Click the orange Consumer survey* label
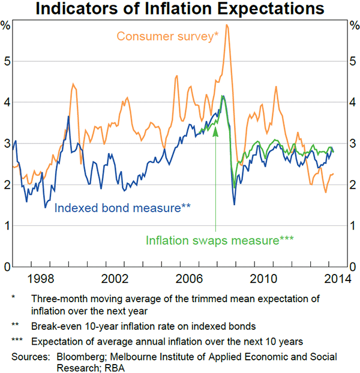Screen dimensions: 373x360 pyautogui.click(x=167, y=35)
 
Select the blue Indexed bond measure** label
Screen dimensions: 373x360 pyautogui.click(x=122, y=208)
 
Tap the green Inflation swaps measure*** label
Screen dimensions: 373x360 pyautogui.click(x=219, y=240)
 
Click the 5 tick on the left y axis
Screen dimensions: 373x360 pyautogui.click(x=7, y=61)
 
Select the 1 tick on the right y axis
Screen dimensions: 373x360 pyautogui.click(x=354, y=226)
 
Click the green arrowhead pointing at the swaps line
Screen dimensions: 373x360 pyautogui.click(x=215, y=130)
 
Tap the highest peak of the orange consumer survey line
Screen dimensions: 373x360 pyautogui.click(x=227, y=25)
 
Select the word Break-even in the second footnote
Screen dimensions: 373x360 pyautogui.click(x=56, y=326)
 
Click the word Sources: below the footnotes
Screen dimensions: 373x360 pyautogui.click(x=28, y=357)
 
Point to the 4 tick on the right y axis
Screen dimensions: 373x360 pyautogui.click(x=354, y=102)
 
